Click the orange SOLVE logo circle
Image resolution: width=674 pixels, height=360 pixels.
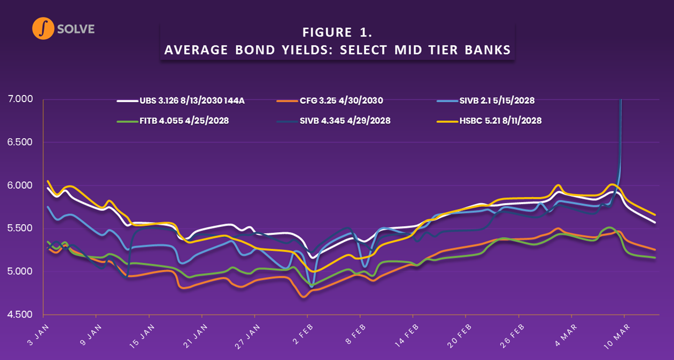(44, 28)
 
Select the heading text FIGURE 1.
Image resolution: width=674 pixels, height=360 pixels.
(337, 32)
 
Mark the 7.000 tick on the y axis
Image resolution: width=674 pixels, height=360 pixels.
(20, 99)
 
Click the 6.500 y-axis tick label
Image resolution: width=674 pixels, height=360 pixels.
(20, 142)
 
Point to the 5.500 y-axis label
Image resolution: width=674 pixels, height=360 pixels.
(20, 228)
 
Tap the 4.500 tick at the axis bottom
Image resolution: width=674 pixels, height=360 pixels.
(20, 314)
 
